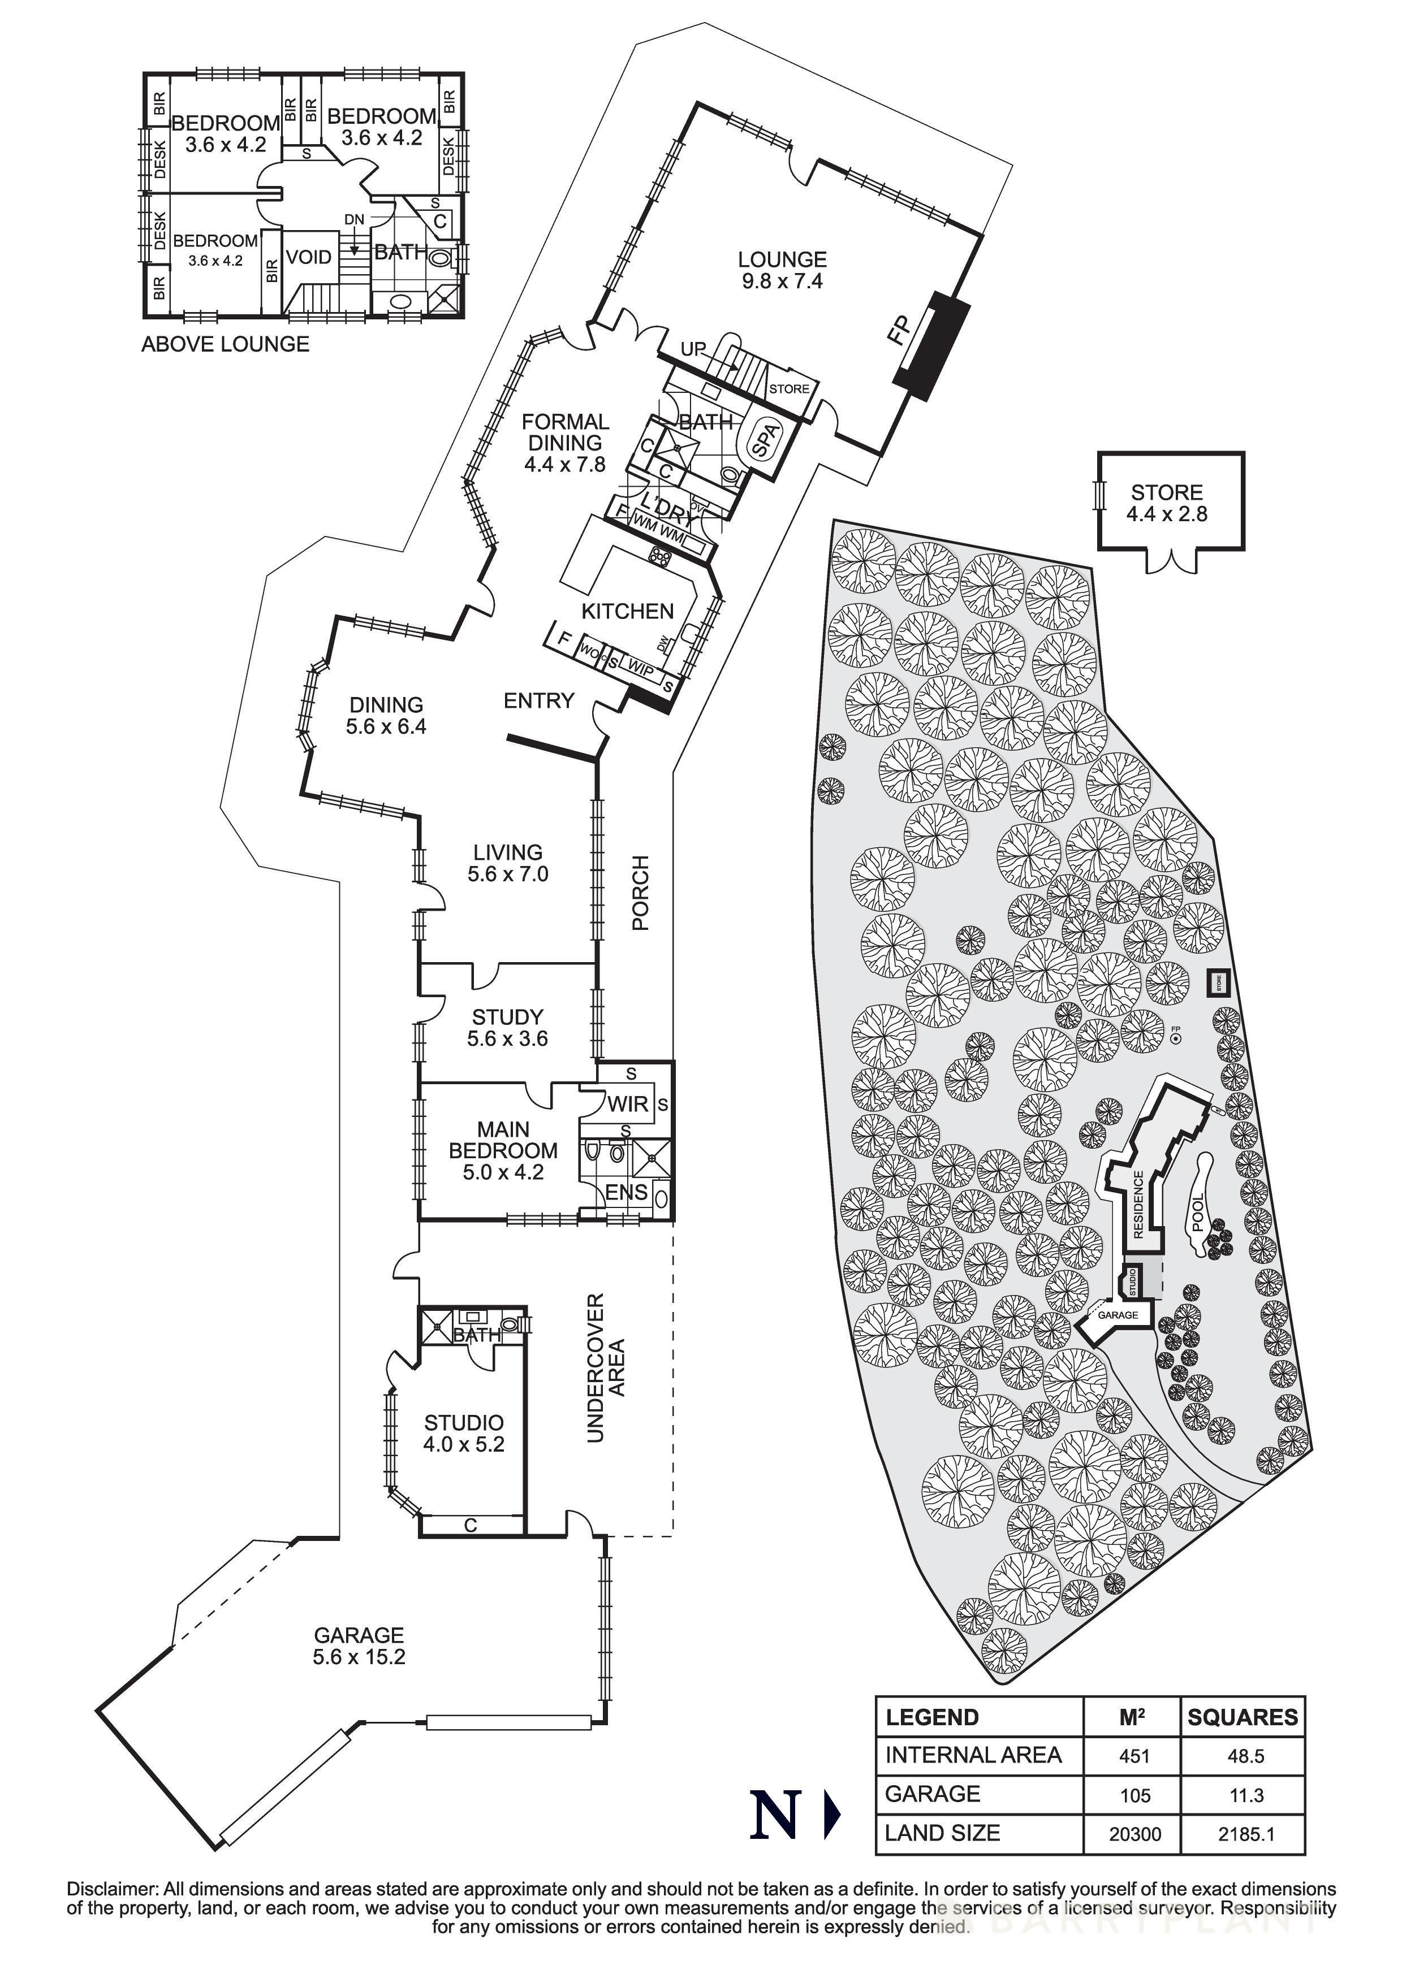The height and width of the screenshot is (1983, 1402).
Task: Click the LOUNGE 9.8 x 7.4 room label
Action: click(x=782, y=270)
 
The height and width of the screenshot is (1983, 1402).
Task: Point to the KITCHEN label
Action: click(x=627, y=612)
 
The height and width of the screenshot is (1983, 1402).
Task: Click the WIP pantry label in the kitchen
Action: click(x=640, y=668)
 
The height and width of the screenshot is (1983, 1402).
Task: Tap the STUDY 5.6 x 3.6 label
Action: click(x=507, y=1028)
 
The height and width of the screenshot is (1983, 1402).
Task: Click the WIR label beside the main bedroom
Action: click(x=627, y=1104)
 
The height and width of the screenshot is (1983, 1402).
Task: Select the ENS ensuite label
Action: click(x=626, y=1193)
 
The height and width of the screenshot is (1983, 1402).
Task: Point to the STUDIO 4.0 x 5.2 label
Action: click(x=464, y=1433)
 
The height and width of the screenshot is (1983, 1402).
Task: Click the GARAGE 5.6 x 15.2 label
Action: click(x=359, y=1646)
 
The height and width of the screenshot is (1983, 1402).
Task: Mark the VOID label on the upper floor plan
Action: click(x=308, y=257)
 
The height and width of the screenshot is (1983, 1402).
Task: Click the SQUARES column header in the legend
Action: click(x=1242, y=1717)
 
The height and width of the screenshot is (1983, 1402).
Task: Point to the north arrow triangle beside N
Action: click(x=832, y=1815)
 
